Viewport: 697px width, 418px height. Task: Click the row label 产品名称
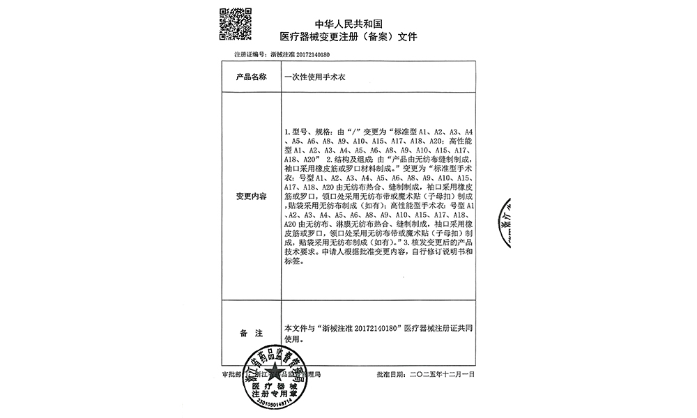coord(252,77)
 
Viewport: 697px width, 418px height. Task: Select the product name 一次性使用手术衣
coord(314,77)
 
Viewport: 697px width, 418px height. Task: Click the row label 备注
coord(252,333)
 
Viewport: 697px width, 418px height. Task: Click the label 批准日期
coord(390,374)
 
